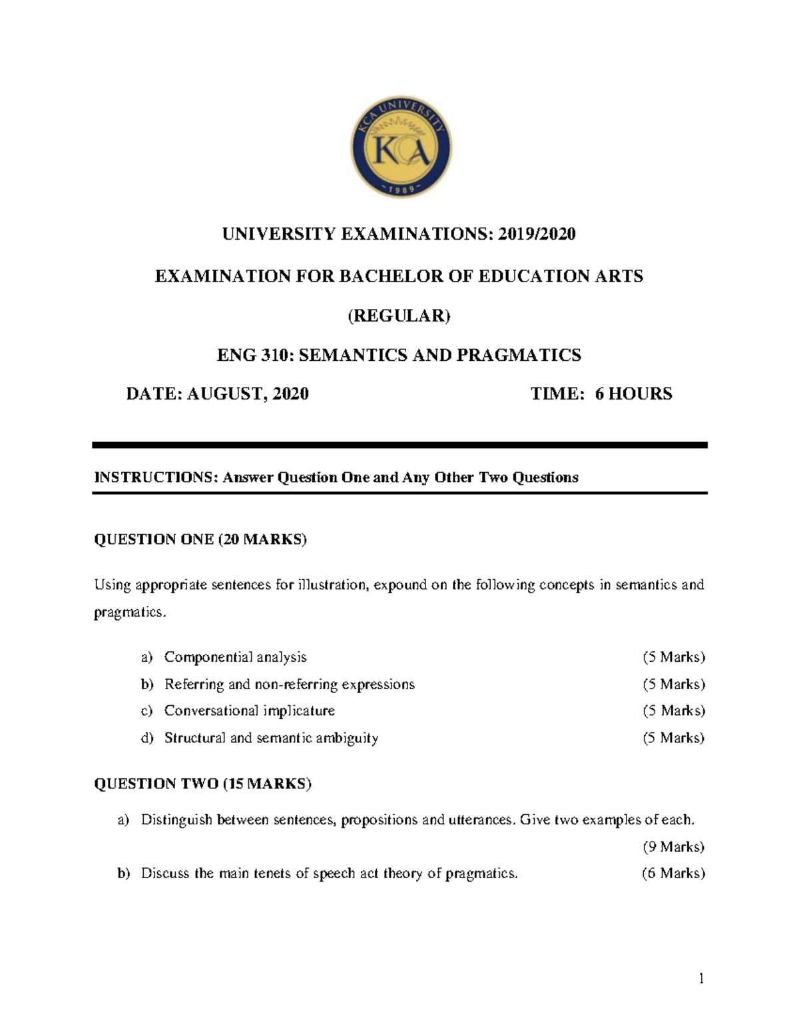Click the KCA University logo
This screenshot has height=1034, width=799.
(401, 148)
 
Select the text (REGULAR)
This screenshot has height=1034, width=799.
(400, 316)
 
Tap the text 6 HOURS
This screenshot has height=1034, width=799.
(633, 394)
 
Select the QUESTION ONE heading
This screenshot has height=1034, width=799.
(200, 539)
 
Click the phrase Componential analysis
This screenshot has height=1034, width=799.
(235, 657)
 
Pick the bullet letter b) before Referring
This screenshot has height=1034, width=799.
(147, 684)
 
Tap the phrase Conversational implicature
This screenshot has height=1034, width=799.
(250, 711)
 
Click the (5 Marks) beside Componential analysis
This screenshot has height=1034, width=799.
(673, 657)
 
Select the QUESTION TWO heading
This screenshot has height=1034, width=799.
(202, 784)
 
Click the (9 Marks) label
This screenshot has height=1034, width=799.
(673, 847)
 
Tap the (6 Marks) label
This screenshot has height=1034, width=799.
(673, 874)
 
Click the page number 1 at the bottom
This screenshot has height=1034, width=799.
(701, 978)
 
